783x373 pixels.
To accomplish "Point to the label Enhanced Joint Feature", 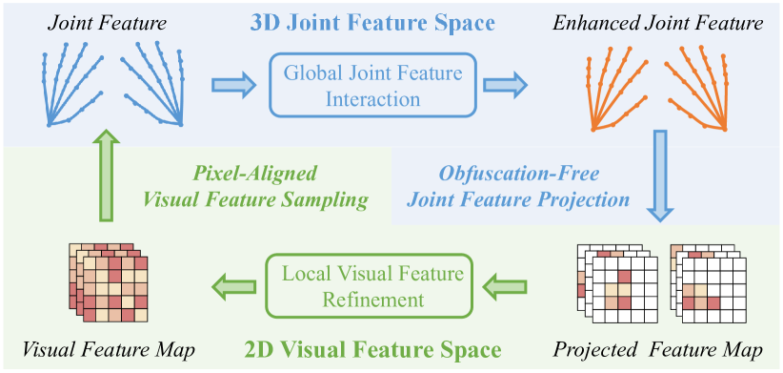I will (658, 22).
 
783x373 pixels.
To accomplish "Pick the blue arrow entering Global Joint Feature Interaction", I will (232, 86).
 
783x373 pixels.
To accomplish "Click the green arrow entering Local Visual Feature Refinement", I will (507, 283).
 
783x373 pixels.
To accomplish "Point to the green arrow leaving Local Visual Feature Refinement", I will (233, 283).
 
